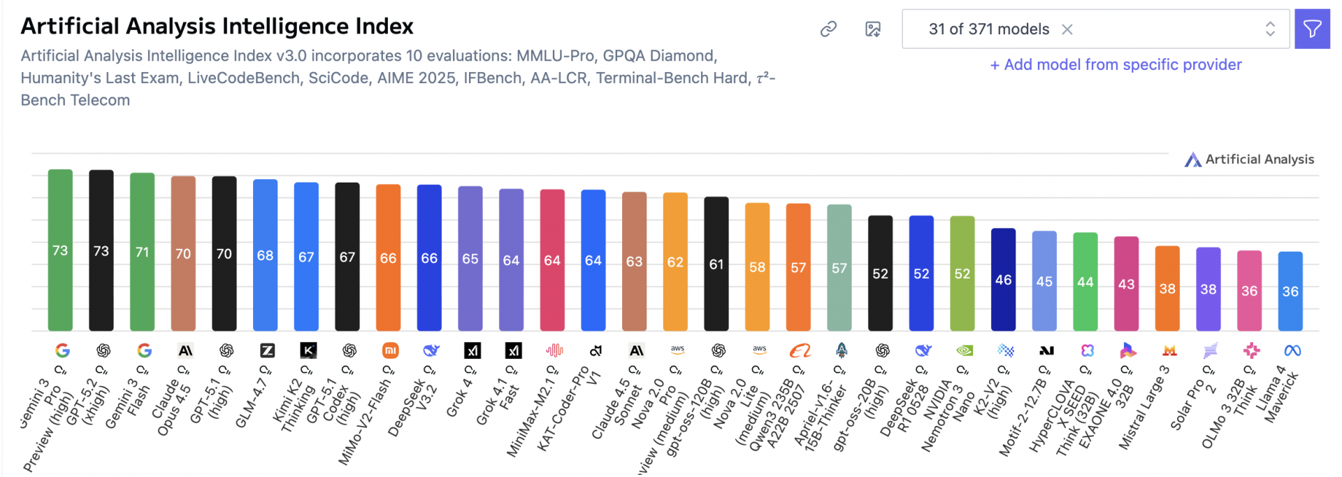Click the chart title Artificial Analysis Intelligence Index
coord(217,27)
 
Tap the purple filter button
coord(1312,29)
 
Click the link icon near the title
coord(828,29)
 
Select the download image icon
coord(873,29)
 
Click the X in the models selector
coord(1067,29)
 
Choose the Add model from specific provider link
coord(1116,65)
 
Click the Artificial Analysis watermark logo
coord(1249,159)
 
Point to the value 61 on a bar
coord(716,264)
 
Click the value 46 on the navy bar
coord(1004,280)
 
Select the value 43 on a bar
coord(1127,284)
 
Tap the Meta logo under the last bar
coord(1292,350)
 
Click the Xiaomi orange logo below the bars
coord(390,350)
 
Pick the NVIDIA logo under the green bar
coord(964,350)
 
